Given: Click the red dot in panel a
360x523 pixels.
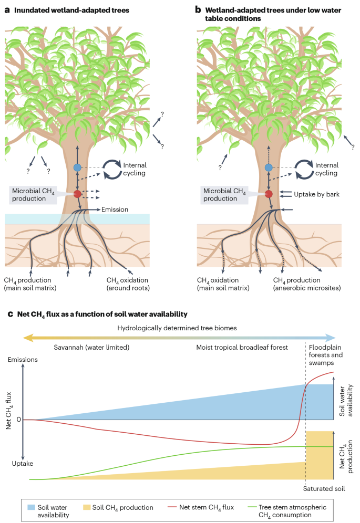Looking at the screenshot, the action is (77, 194).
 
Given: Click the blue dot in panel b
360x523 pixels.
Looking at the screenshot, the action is (269, 168).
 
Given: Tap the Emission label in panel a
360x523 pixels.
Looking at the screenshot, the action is (115, 210).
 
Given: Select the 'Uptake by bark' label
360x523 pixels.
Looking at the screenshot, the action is (316, 194).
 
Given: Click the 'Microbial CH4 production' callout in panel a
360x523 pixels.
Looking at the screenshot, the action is (33, 195).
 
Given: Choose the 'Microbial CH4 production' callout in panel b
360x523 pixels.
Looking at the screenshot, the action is (224, 195).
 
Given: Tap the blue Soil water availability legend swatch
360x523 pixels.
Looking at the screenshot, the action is (31, 507).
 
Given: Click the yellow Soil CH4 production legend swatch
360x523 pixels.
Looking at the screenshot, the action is (87, 507).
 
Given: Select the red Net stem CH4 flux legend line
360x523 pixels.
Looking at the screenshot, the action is (172, 507).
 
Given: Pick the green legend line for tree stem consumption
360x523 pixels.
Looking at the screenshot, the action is (252, 507).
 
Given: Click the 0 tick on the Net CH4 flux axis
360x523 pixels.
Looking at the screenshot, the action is (19, 420).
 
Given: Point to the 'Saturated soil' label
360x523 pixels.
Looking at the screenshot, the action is (324, 489).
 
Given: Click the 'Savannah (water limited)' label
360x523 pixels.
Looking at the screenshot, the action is (91, 347).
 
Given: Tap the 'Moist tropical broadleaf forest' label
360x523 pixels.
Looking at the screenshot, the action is (242, 347).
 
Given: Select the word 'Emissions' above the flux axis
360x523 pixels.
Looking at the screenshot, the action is (23, 360).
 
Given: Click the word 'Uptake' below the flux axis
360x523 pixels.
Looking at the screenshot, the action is (23, 463).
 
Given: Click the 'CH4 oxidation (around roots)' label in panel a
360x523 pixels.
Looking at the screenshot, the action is (128, 284).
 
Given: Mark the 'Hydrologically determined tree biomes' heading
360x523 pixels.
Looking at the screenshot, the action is (177, 328).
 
